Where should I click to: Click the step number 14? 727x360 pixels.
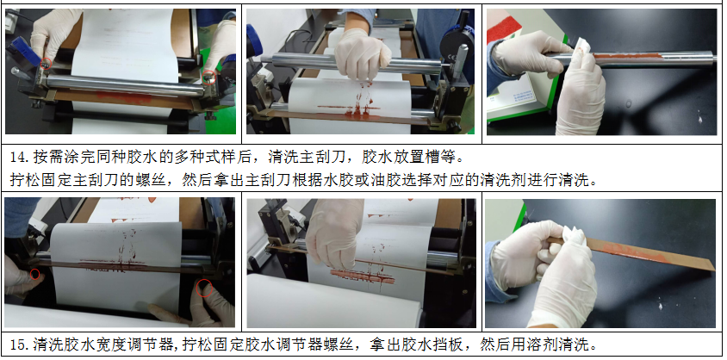click(x=18, y=158)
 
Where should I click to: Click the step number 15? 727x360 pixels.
click(x=18, y=344)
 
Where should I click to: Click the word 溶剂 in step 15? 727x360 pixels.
click(x=543, y=344)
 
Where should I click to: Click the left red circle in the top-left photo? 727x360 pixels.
click(x=46, y=64)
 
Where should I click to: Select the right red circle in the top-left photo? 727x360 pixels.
click(x=209, y=77)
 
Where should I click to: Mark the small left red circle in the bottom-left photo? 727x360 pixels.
click(x=34, y=274)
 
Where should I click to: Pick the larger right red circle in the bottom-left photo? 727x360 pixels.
click(x=204, y=288)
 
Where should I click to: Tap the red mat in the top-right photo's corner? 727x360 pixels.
click(x=502, y=28)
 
